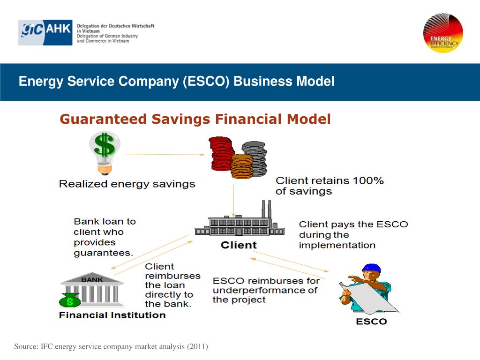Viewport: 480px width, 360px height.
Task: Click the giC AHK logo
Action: click(x=45, y=32)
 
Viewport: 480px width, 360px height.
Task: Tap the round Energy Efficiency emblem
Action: click(x=443, y=32)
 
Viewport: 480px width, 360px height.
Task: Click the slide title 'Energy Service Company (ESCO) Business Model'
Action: click(x=176, y=82)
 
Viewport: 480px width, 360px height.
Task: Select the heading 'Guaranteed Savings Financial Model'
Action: click(x=195, y=120)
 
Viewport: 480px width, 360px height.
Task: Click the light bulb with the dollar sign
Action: click(x=105, y=151)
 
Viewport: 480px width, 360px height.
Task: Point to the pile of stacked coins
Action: click(x=238, y=156)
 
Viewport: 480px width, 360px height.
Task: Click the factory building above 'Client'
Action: click(x=240, y=223)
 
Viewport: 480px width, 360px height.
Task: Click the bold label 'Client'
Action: click(x=239, y=245)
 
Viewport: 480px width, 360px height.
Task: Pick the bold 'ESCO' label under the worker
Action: click(x=371, y=322)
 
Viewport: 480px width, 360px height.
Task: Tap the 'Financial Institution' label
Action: click(x=112, y=315)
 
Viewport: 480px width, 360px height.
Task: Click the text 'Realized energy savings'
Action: click(x=127, y=184)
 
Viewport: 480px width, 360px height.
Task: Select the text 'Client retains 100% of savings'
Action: click(x=329, y=186)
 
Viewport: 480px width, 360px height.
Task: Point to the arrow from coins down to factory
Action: click(x=233, y=199)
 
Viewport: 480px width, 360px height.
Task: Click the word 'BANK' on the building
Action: click(x=92, y=279)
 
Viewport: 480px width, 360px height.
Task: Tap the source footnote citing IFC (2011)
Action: click(x=111, y=346)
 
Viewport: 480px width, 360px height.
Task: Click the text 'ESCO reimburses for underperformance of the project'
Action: click(x=265, y=290)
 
